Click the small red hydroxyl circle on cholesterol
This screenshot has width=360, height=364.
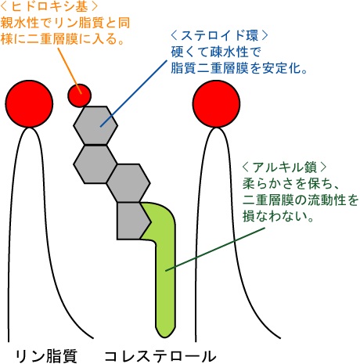click(x=79, y=96)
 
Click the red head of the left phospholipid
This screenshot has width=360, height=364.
click(x=29, y=104)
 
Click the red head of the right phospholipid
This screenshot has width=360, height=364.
click(x=216, y=104)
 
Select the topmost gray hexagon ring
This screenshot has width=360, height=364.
click(x=95, y=125)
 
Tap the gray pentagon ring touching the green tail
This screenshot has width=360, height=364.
click(x=133, y=221)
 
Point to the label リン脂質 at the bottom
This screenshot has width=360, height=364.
click(x=46, y=356)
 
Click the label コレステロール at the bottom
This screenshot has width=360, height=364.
click(x=160, y=356)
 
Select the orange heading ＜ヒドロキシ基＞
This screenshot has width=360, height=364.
click(x=49, y=6)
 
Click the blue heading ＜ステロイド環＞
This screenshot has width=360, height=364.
click(x=219, y=35)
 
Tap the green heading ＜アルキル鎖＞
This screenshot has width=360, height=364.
click(x=284, y=167)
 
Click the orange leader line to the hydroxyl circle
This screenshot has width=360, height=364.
click(x=70, y=70)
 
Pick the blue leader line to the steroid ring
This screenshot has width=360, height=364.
click(x=134, y=94)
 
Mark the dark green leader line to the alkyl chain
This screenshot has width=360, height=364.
click(x=215, y=249)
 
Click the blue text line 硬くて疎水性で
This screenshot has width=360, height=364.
click(x=216, y=52)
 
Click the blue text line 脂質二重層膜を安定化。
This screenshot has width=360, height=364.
click(x=239, y=68)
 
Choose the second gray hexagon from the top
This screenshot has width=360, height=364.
click(x=95, y=164)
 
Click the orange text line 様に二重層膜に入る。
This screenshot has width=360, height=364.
click(x=62, y=39)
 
